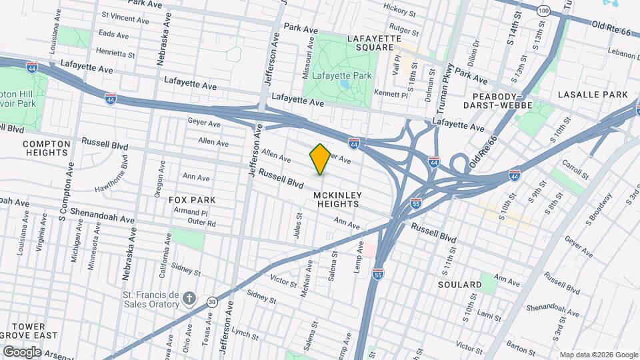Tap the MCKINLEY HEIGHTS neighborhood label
337,199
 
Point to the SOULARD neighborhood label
459,285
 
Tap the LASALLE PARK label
593,95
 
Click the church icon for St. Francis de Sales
190,297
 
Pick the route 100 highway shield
544,12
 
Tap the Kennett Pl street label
391,93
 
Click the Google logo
23,351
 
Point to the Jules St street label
299,225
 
